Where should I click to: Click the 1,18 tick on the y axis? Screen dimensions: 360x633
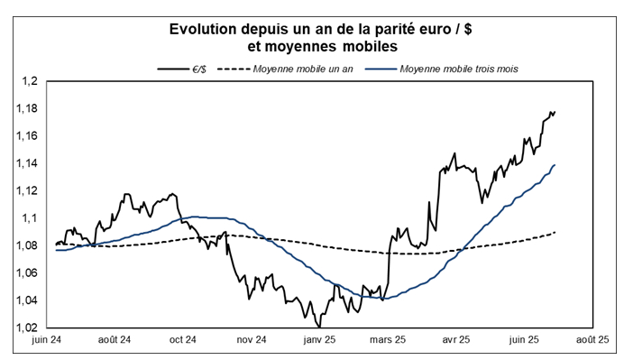click(27, 109)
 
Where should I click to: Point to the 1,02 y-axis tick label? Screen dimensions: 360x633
click(27, 328)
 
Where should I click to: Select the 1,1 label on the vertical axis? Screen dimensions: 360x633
click(30, 218)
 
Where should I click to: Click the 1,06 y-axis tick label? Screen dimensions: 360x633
click(27, 273)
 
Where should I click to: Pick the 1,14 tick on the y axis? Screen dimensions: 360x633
click(27, 164)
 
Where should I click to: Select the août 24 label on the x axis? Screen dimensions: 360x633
click(115, 340)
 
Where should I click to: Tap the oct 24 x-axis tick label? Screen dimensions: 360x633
click(182, 340)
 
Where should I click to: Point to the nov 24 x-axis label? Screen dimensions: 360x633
click(250, 340)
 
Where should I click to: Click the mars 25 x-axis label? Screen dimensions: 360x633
click(387, 340)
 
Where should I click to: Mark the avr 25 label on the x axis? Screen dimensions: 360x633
click(455, 340)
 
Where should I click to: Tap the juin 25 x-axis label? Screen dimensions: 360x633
click(523, 340)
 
